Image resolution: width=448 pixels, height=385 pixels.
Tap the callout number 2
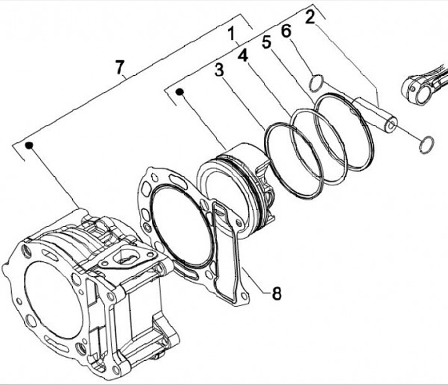click(309, 16)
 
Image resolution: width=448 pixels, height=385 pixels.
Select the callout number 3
click(218, 70)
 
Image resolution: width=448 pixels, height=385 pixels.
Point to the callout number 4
click(243, 55)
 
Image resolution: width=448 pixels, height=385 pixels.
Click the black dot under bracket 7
click(29, 146)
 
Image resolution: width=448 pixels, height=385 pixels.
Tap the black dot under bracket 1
click(180, 93)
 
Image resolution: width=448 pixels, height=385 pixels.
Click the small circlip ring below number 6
click(316, 81)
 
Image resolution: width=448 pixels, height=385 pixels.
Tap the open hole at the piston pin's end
click(390, 126)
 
